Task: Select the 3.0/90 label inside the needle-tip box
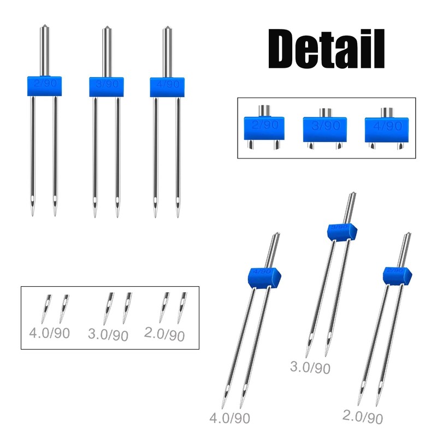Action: pyautogui.click(x=108, y=333)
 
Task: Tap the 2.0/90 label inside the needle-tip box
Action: pyautogui.click(x=164, y=333)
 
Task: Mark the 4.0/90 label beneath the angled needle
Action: pyautogui.click(x=230, y=418)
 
